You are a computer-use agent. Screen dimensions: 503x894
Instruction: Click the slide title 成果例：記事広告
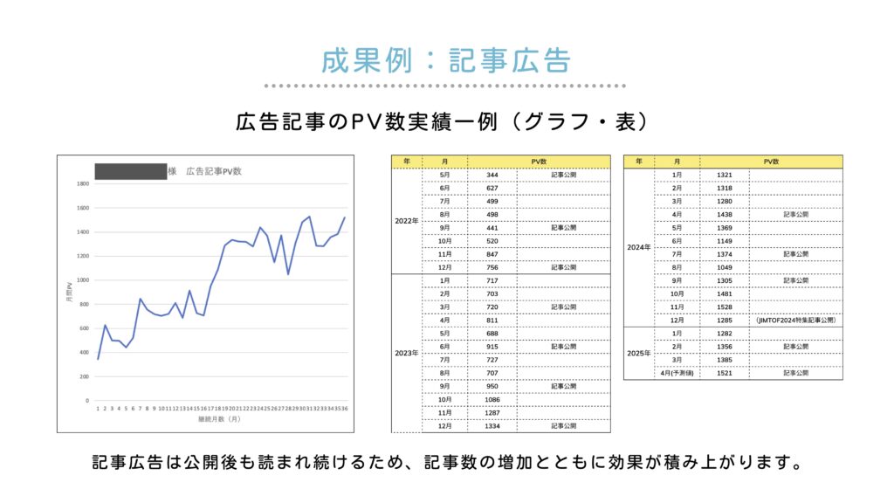[x=446, y=60]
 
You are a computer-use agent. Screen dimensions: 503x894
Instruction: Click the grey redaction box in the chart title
[x=130, y=171]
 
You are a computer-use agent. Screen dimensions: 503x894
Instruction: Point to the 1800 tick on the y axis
[x=83, y=184]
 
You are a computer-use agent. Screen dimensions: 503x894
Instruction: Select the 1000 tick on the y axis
[x=83, y=280]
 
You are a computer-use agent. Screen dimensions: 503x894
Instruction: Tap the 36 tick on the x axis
[x=345, y=407]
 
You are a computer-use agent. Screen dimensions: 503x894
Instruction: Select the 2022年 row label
[x=406, y=220]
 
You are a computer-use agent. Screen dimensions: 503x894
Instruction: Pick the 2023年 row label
[x=406, y=354]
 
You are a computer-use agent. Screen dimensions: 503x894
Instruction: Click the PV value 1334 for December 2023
[x=492, y=426]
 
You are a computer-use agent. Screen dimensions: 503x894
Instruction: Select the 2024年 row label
[x=639, y=247]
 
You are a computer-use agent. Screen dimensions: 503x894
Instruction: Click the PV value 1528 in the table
[x=724, y=307]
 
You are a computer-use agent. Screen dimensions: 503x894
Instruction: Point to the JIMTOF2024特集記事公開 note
[x=795, y=320]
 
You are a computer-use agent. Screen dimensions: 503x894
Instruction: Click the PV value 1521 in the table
[x=724, y=374]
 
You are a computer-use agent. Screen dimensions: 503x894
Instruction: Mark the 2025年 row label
[x=639, y=354]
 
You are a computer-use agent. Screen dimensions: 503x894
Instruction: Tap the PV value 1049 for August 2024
[x=724, y=267]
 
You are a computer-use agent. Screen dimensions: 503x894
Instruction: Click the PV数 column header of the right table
[x=771, y=162]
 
